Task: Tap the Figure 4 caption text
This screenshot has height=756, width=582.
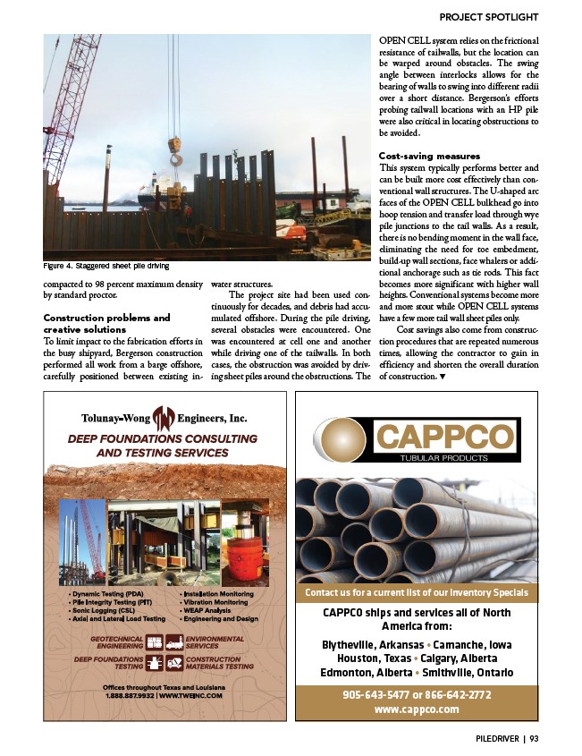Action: [106, 266]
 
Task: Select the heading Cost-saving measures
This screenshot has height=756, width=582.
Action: [429, 156]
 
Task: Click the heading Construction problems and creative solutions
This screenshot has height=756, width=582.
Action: [106, 324]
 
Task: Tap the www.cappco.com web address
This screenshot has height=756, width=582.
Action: [416, 709]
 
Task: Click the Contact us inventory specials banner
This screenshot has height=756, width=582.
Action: [417, 592]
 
